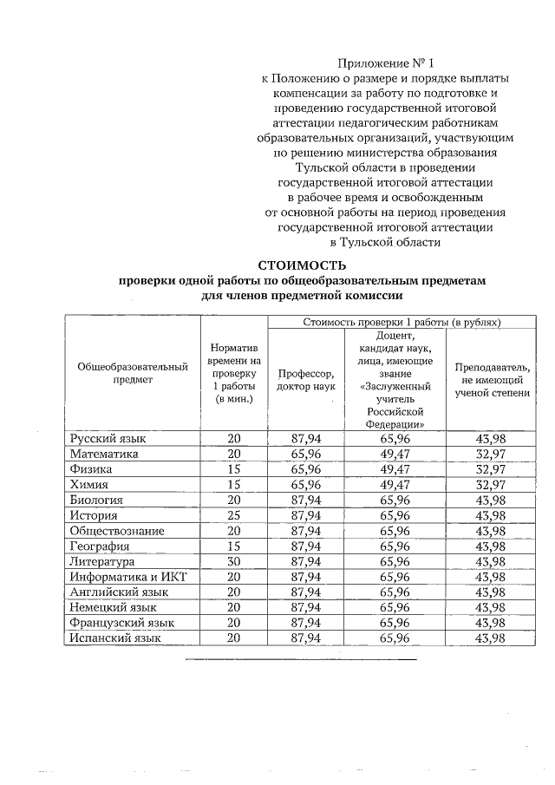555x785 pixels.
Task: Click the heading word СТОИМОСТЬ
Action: point(303,265)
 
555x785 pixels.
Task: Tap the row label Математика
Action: point(104,454)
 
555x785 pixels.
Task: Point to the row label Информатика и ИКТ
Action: point(128,577)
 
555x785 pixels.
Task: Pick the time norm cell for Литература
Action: point(233,561)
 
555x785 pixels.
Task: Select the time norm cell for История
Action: point(233,515)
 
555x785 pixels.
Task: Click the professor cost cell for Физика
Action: point(306,469)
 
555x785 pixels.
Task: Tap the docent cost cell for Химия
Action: point(395,485)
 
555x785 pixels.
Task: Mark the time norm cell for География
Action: point(233,546)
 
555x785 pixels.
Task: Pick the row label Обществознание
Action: point(118,531)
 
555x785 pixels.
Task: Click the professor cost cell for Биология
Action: point(306,500)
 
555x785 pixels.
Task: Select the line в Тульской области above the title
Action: point(385,243)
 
